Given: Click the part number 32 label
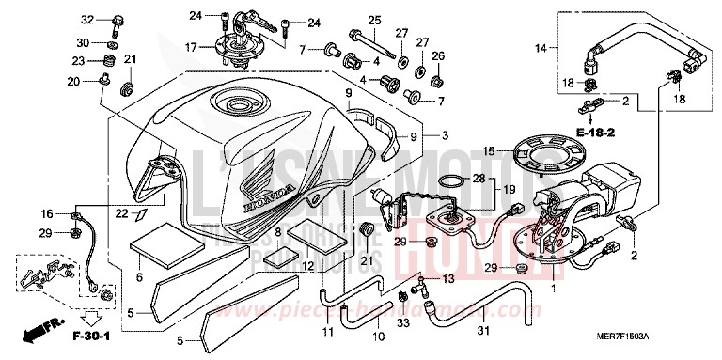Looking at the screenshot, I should point(87,19).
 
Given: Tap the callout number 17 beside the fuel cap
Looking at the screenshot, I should point(190,46).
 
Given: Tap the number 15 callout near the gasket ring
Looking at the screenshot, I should point(488,149).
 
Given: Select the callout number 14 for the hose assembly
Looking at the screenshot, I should point(541,46).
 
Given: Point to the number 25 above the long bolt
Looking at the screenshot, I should point(372,20).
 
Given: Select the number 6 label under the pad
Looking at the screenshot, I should point(139,276).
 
